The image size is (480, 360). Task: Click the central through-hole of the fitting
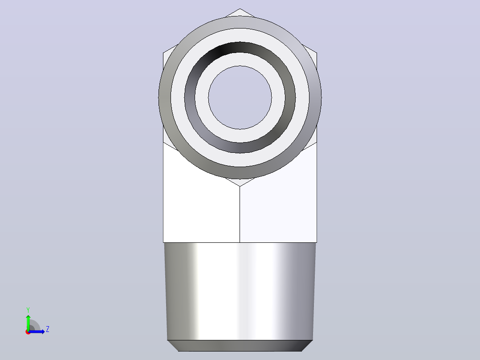(x=240, y=98)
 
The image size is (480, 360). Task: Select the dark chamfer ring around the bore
(x=240, y=47)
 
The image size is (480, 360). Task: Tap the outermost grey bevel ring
(x=240, y=22)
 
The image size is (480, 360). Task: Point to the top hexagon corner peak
(x=240, y=9)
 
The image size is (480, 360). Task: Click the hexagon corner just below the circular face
(x=240, y=186)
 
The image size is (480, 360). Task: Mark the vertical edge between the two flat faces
(x=240, y=214)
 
